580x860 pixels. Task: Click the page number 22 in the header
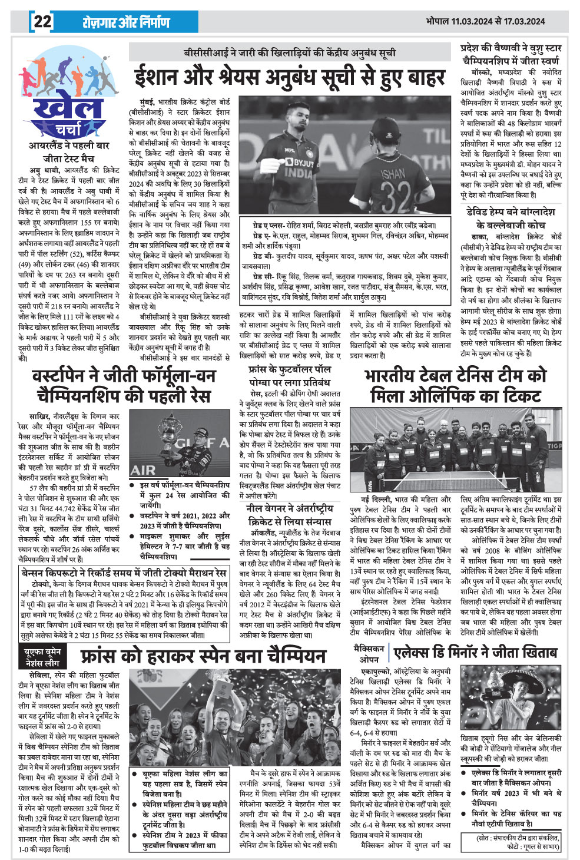(x=42, y=22)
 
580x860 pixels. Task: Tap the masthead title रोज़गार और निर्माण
(x=126, y=22)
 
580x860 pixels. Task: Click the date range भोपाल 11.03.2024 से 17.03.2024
(x=486, y=21)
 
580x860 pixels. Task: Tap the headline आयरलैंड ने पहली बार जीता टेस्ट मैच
(x=69, y=151)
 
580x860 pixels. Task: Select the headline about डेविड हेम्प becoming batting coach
(x=511, y=218)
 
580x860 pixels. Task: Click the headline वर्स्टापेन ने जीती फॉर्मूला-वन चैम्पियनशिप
(x=123, y=385)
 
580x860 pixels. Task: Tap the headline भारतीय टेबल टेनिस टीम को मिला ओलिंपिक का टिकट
(x=455, y=385)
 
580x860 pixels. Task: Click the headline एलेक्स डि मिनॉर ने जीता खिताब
(x=475, y=652)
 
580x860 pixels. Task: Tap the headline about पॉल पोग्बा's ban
(x=289, y=375)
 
